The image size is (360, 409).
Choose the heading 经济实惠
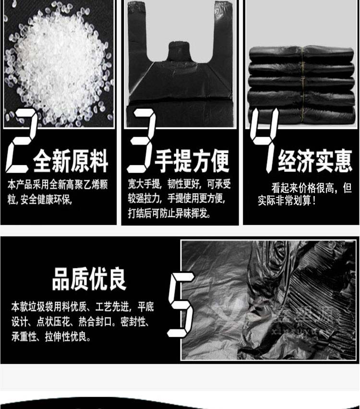tap(315, 161)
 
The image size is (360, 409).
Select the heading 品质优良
tap(89, 279)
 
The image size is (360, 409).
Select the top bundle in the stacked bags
tap(301, 54)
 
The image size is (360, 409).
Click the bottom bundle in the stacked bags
tap(301, 115)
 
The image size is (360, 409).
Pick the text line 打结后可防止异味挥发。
tap(169, 213)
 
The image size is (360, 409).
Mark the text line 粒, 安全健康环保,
tap(40, 200)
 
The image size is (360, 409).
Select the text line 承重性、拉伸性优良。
tap(51, 337)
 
